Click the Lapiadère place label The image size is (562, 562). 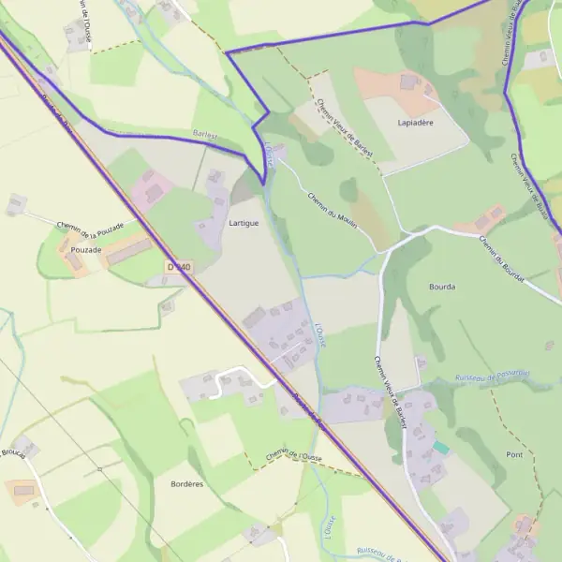(415, 123)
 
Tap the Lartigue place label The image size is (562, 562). (244, 224)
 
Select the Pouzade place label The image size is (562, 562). (86, 263)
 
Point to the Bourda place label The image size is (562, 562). (441, 287)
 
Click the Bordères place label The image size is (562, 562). (187, 483)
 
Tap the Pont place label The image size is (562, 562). (514, 454)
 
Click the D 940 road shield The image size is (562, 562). (179, 267)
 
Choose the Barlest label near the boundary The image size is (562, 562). (204, 135)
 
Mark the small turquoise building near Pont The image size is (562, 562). (441, 449)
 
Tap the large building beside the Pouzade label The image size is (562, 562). (128, 251)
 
